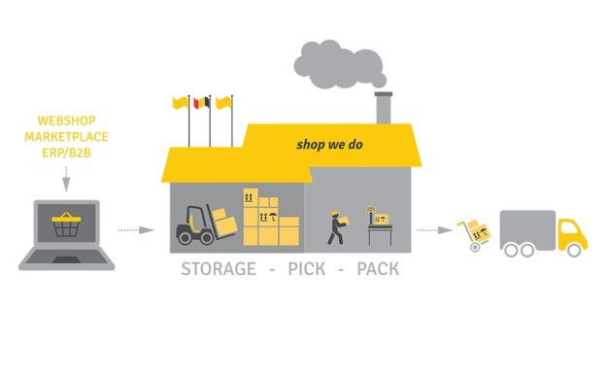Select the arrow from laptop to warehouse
(x=135, y=230)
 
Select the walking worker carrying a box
(x=335, y=227)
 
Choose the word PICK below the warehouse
(x=307, y=268)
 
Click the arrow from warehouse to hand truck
(x=433, y=230)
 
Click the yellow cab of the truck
(x=571, y=233)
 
